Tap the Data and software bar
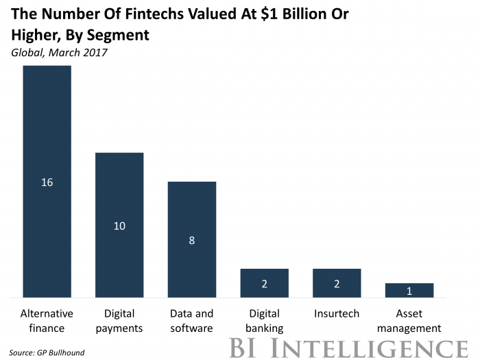192,213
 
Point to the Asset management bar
409,290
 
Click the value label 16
47,182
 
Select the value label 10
119,226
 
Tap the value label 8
192,240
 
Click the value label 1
409,291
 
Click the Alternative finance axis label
47,321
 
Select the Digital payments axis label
119,321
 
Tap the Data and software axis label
192,321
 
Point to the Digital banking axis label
264,321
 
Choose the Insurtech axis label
337,314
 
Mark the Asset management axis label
409,321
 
